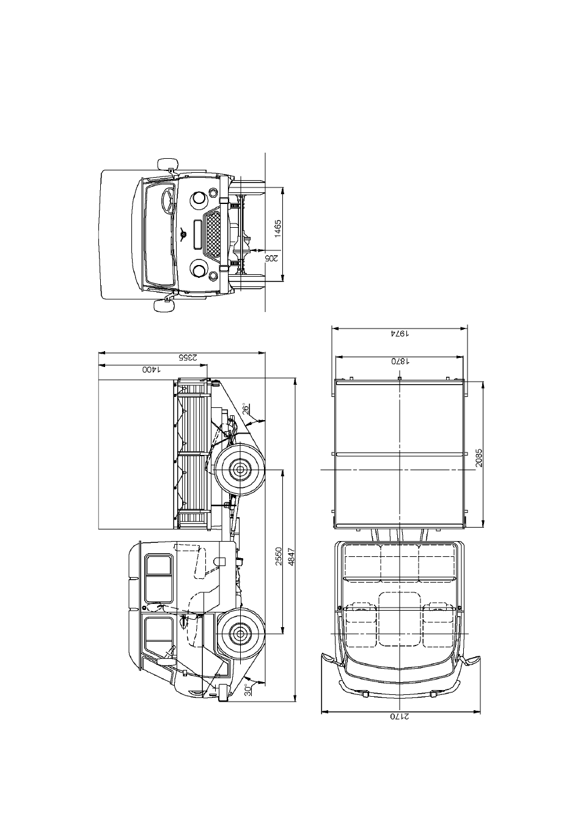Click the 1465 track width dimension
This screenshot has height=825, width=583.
coord(277,228)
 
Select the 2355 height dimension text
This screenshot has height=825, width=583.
coord(188,357)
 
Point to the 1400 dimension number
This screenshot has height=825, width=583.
coord(152,369)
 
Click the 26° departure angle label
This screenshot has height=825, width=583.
coord(246,409)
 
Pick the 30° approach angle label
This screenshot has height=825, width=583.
coord(248,689)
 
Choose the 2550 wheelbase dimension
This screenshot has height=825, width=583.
coord(279,556)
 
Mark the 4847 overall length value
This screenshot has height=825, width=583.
coord(291,556)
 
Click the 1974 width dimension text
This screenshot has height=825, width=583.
coord(400,333)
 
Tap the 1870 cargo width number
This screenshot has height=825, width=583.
coord(400,362)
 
